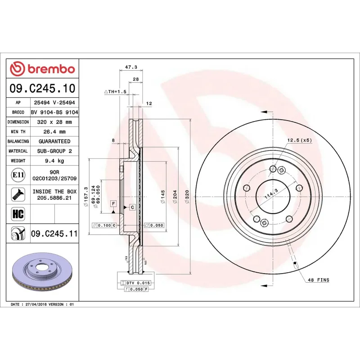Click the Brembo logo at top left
pos(42,69)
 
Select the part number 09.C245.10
pos(43,89)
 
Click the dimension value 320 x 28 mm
pos(54,122)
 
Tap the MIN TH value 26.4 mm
pos(54,132)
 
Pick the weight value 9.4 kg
pos(54,161)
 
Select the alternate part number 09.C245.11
pos(54,234)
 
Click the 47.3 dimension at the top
pos(130,67)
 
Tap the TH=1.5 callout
pos(116,92)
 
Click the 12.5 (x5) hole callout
pos(299,140)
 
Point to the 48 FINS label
pos(319,280)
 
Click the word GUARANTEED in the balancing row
pos(54,141)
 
